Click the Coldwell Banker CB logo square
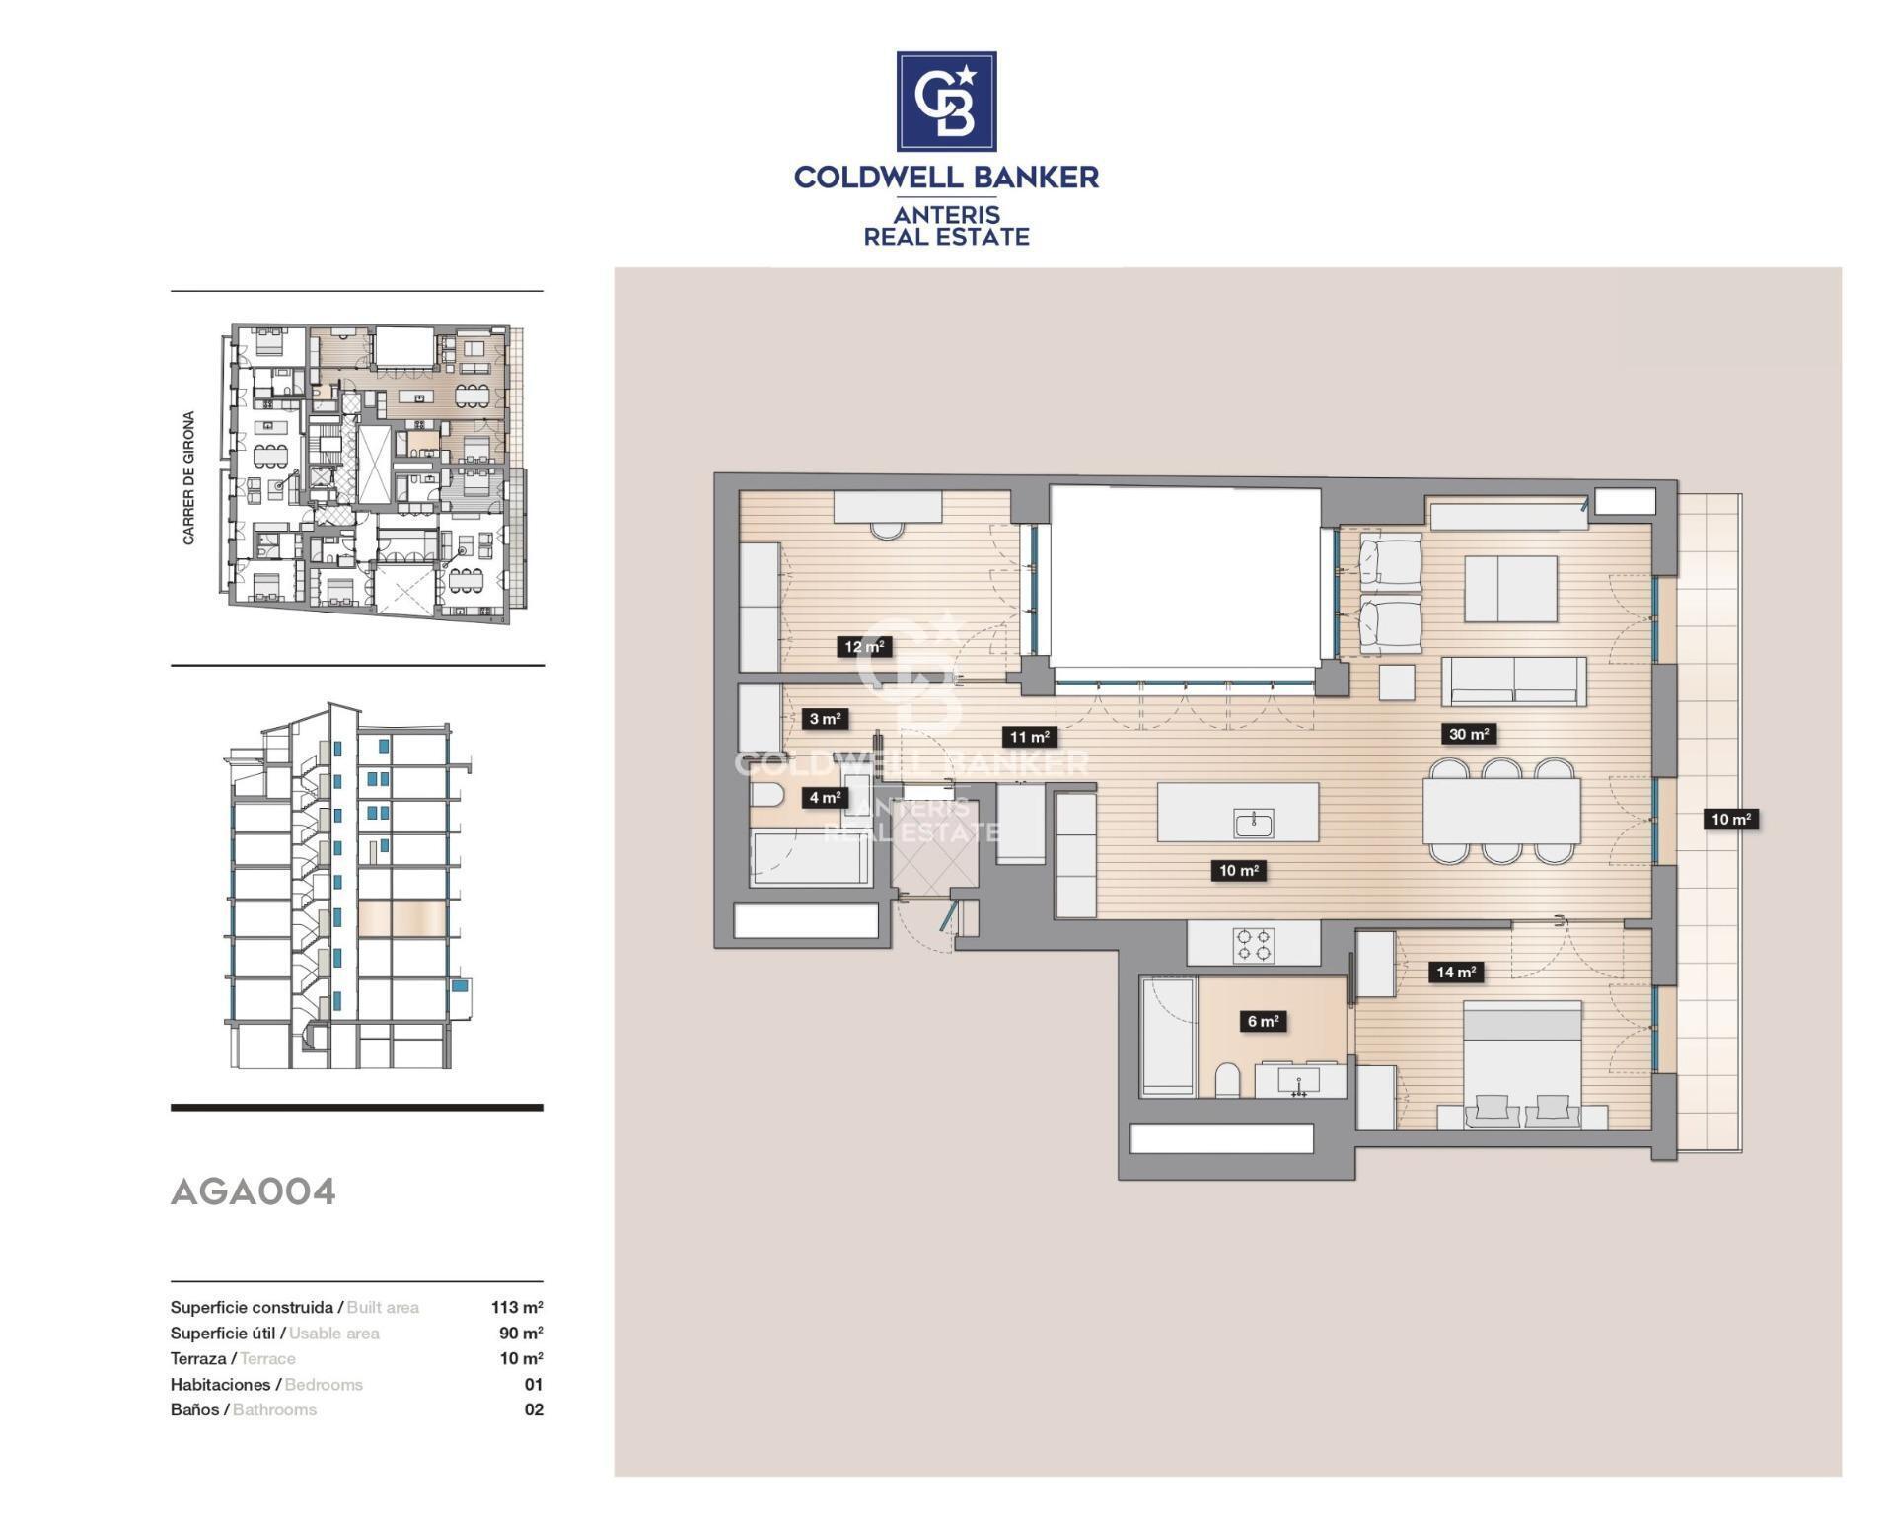(946, 102)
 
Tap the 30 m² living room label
(1468, 734)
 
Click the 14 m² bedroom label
(1455, 972)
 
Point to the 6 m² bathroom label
(1263, 1021)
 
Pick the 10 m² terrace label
(1730, 819)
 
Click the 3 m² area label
(825, 719)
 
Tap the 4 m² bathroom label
(825, 797)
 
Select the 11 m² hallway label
(1028, 737)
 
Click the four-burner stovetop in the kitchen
(1254, 944)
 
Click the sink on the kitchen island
(1254, 823)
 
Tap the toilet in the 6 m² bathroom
(1227, 1080)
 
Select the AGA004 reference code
(254, 1191)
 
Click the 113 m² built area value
(517, 1307)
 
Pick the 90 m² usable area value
(521, 1333)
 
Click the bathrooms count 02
(534, 1409)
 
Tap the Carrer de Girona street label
(188, 477)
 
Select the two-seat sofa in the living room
(1513, 681)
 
